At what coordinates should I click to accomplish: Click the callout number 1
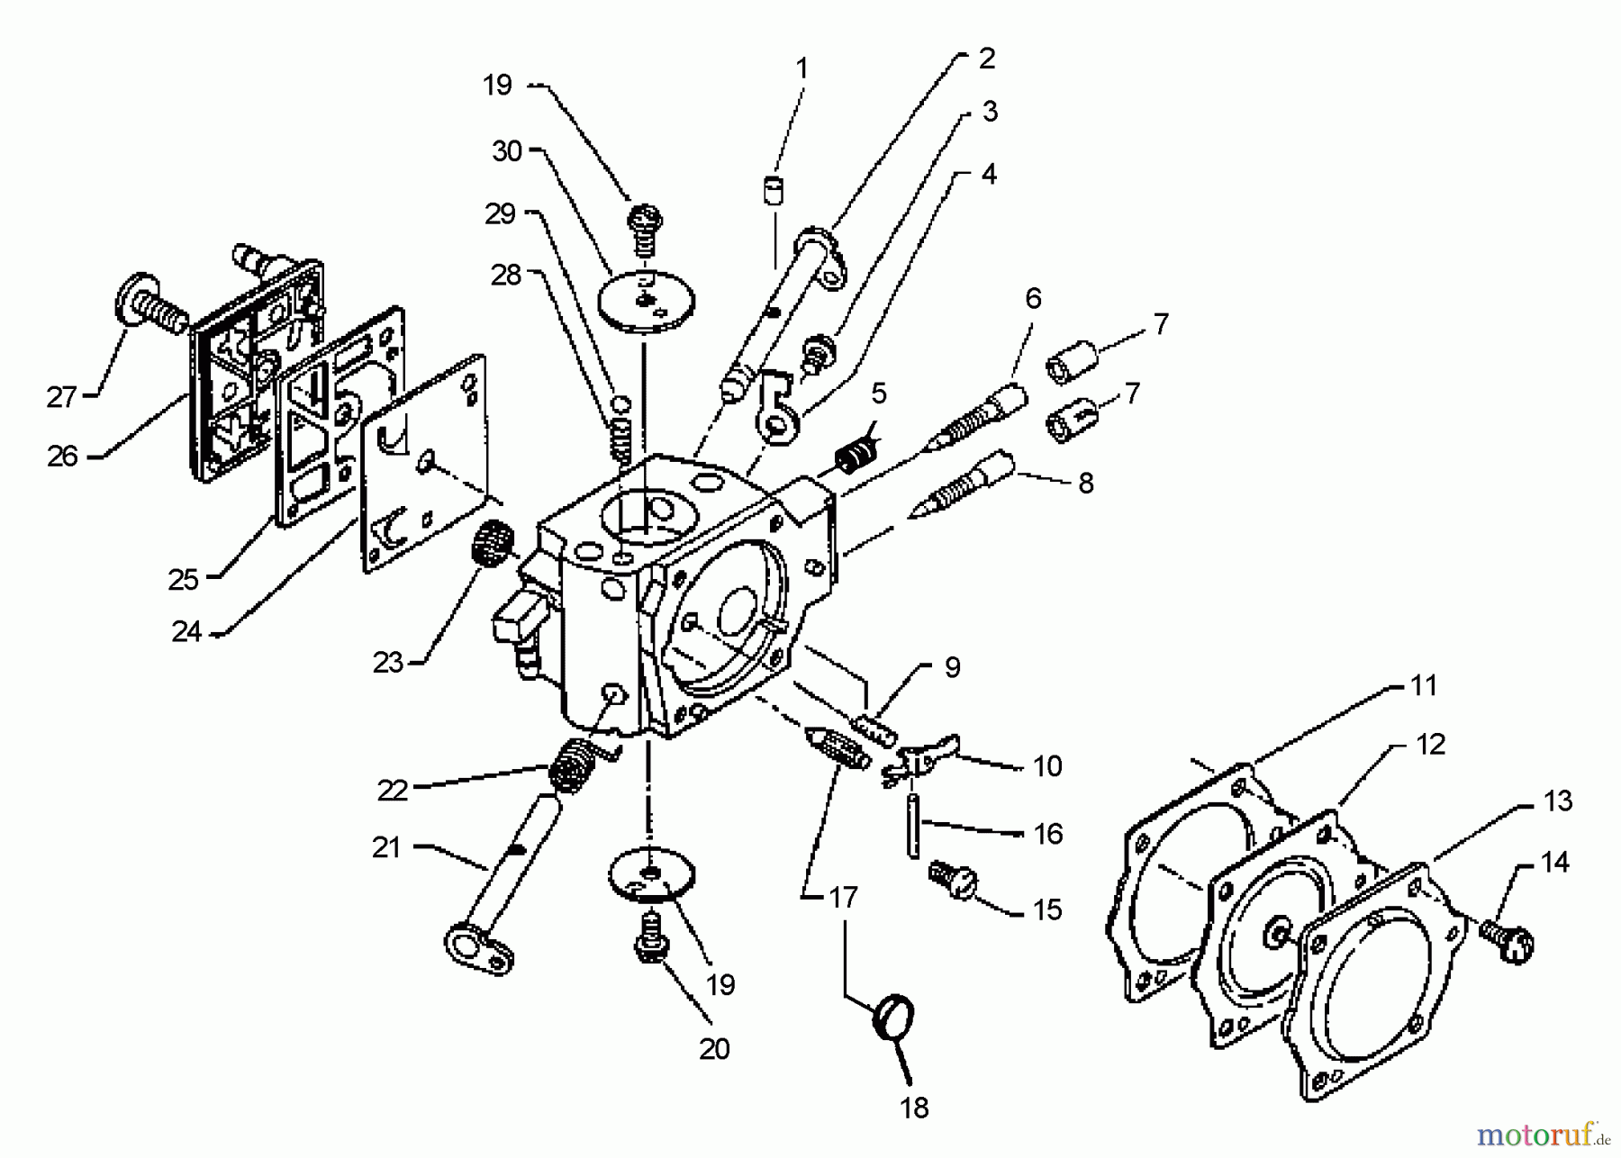point(801,68)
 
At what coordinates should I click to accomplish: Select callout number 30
point(507,151)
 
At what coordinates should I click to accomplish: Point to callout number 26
point(62,457)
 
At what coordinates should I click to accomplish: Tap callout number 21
point(386,847)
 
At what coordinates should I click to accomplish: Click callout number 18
point(914,1108)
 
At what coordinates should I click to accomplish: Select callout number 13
point(1557,801)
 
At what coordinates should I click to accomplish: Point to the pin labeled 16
point(914,825)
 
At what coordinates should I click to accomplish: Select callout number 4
point(989,174)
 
